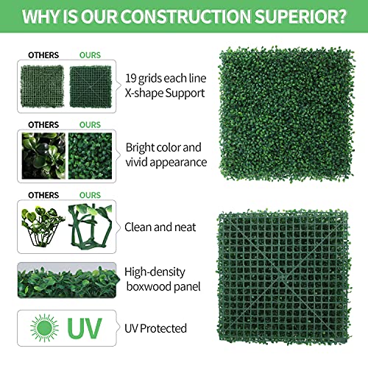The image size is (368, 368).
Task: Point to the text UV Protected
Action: click(x=156, y=329)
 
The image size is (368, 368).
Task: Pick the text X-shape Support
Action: click(x=165, y=94)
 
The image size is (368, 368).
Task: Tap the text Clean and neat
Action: click(x=161, y=228)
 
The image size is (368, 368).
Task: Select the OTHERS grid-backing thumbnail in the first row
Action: click(x=42, y=87)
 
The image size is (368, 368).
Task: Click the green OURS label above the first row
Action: click(x=90, y=55)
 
